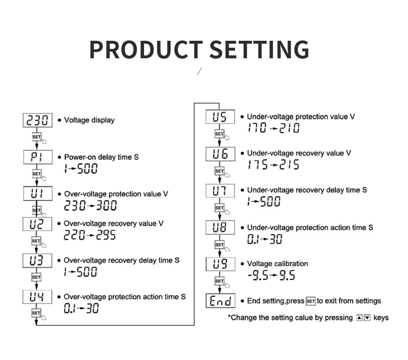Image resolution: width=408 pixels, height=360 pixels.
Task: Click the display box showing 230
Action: [x=38, y=120]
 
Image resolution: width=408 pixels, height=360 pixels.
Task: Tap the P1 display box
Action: [x=38, y=157]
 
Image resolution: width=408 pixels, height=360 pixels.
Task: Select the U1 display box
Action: [x=38, y=193]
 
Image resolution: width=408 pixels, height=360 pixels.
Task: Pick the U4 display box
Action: [x=37, y=297]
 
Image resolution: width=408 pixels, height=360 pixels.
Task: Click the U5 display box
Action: [x=220, y=117]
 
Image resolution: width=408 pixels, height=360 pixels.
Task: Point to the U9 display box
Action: [x=220, y=264]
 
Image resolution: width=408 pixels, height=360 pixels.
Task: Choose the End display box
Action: [x=220, y=301]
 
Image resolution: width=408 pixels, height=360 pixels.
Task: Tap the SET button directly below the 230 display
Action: [x=37, y=137]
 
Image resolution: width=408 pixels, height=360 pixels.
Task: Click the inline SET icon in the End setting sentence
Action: [x=310, y=301]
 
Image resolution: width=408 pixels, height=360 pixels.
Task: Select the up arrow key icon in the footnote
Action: [x=359, y=318]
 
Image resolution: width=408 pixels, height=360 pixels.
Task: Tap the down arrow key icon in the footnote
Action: [x=367, y=318]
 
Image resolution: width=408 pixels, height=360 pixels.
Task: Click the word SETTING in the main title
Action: [x=259, y=49]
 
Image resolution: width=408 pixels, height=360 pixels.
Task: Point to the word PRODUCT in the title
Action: [x=146, y=49]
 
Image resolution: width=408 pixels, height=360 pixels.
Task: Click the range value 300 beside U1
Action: [x=106, y=205]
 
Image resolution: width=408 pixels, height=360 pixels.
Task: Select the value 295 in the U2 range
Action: [x=106, y=235]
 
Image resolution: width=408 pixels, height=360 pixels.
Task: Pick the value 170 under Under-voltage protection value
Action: [x=257, y=128]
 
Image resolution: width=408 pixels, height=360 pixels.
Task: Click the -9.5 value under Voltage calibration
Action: [x=257, y=275]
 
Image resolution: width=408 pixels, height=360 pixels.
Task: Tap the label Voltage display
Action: [x=89, y=120]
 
